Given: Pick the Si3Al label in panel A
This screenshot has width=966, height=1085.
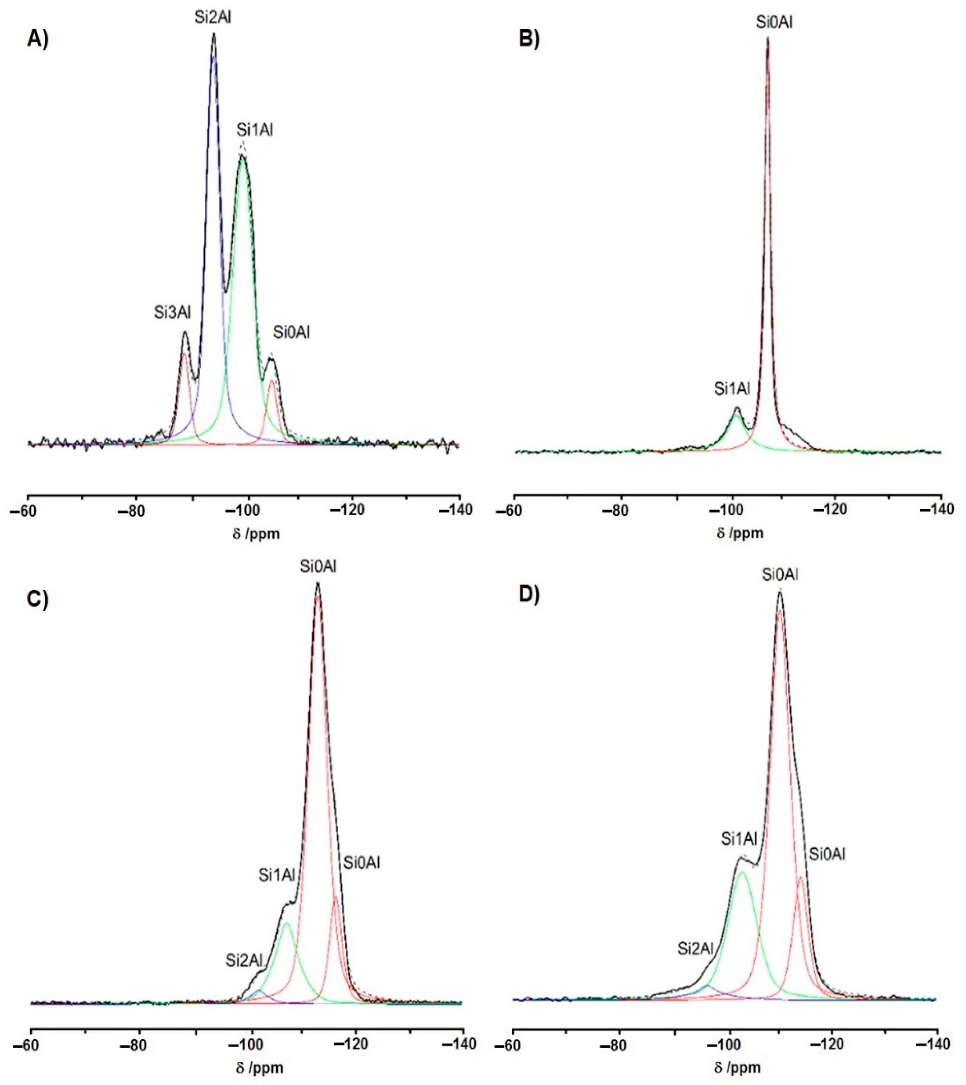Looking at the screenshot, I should point(172,313).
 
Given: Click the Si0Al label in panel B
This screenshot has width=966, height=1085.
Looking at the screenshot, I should point(775,22).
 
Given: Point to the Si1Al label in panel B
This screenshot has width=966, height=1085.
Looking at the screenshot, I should point(732,389).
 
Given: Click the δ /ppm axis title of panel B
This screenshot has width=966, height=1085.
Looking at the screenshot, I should point(740,533).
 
